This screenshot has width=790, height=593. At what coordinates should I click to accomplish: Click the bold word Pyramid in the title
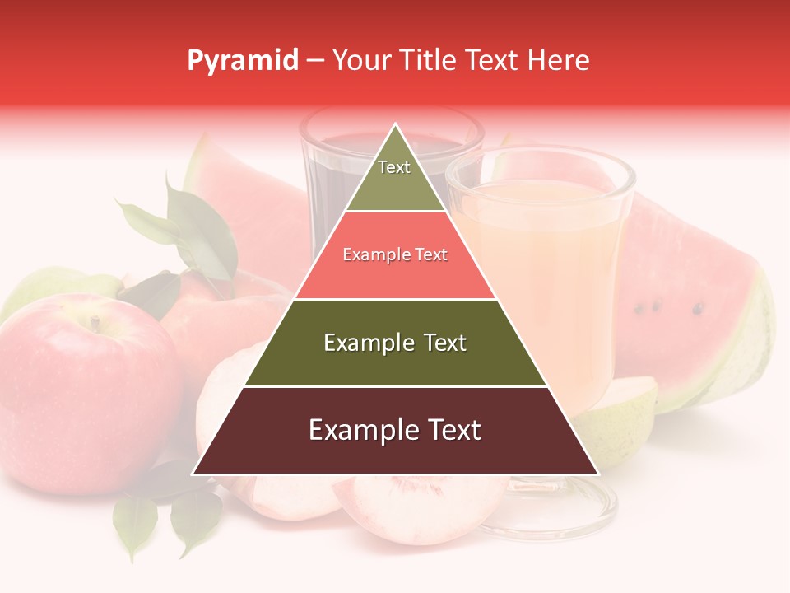243,61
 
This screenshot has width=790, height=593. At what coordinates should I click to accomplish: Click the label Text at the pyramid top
394,167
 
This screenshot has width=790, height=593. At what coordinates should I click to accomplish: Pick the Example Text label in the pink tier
395,254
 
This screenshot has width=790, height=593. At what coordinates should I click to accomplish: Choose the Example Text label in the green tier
395,343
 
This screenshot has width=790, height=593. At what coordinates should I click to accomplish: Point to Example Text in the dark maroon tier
395,430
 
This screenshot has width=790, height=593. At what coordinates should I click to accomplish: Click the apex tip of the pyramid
396,125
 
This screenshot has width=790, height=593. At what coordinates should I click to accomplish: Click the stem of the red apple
95,322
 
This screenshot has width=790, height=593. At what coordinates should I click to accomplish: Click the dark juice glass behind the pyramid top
329,173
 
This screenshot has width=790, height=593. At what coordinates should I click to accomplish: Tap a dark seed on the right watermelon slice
698,310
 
